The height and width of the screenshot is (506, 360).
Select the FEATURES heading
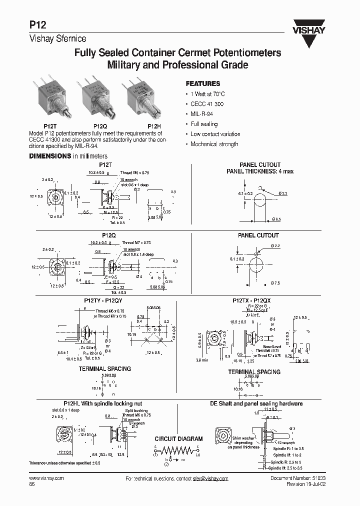202,84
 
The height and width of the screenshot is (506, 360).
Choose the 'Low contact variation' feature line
215,134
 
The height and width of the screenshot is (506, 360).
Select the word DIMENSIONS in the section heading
50,156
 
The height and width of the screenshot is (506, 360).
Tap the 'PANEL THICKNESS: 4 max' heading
260,171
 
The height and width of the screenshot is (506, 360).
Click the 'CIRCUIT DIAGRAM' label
178,439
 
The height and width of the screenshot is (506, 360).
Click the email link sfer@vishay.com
210,478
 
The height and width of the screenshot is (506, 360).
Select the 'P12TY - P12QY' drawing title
99,300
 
